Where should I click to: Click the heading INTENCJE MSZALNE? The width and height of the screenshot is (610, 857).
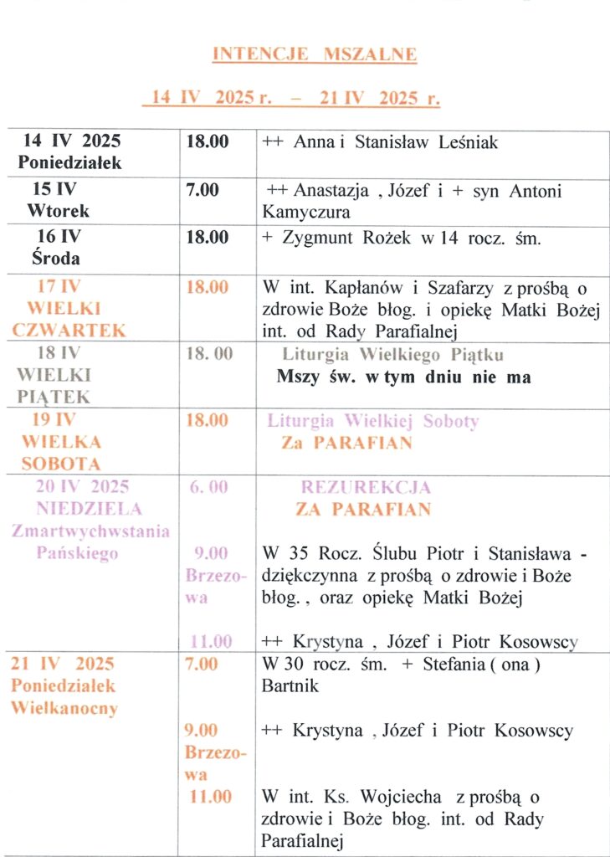click(x=314, y=55)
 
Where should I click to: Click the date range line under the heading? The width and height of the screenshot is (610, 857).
click(x=292, y=98)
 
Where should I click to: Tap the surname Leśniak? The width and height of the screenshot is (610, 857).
click(x=466, y=142)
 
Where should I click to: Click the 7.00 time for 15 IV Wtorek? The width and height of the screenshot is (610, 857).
click(x=202, y=191)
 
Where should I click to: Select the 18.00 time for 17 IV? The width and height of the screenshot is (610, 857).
click(x=207, y=288)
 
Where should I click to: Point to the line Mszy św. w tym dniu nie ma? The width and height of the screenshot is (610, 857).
click(x=403, y=377)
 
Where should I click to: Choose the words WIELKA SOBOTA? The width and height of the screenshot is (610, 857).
click(x=61, y=452)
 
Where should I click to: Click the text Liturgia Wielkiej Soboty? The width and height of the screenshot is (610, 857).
click(x=373, y=421)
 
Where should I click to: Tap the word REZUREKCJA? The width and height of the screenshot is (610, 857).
click(x=366, y=487)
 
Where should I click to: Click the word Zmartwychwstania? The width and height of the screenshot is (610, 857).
click(x=90, y=531)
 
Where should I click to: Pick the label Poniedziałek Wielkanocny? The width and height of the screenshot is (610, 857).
click(x=64, y=697)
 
